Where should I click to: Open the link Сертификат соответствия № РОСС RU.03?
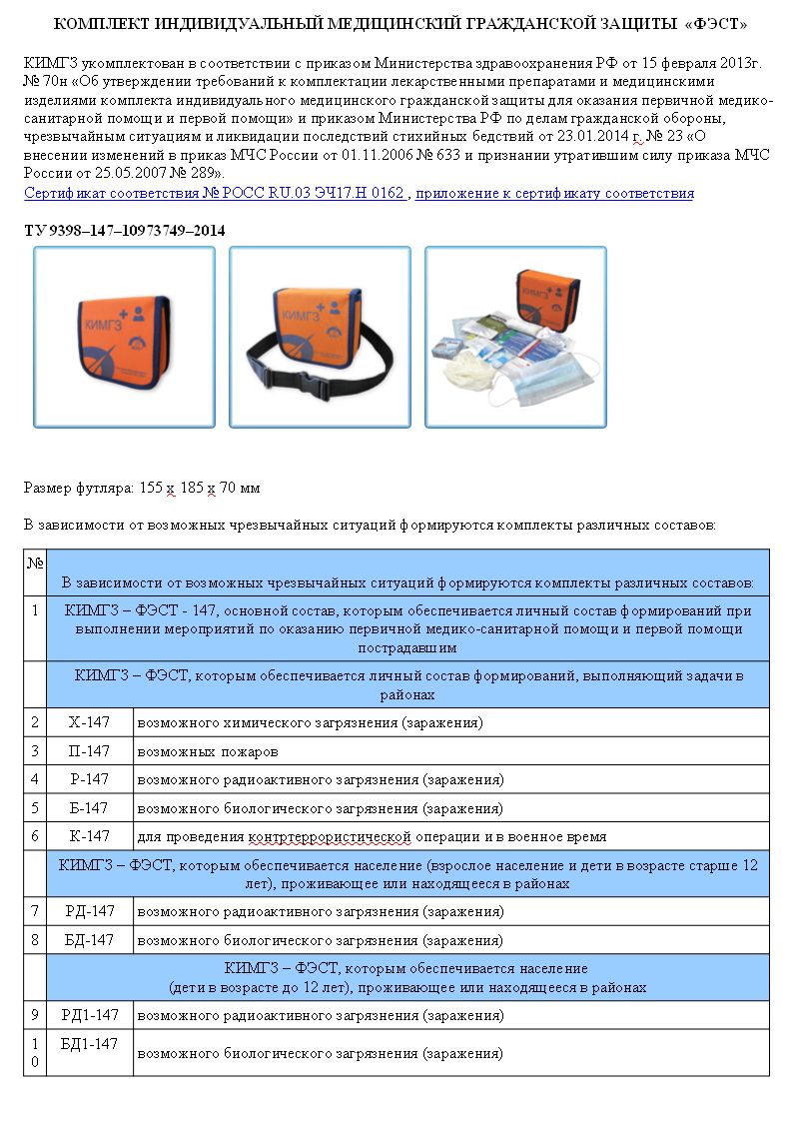[214, 193]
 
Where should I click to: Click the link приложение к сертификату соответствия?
[554, 193]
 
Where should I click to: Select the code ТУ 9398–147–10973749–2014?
[125, 231]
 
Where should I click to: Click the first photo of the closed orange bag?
[124, 337]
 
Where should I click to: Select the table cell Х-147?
[89, 721]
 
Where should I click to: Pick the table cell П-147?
[89, 750]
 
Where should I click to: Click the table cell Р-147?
[89, 779]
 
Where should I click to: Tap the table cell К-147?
[89, 836]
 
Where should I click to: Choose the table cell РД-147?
[91, 911]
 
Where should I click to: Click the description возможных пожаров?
[208, 751]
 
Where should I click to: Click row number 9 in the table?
[35, 1015]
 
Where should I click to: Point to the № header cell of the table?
[35, 563]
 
